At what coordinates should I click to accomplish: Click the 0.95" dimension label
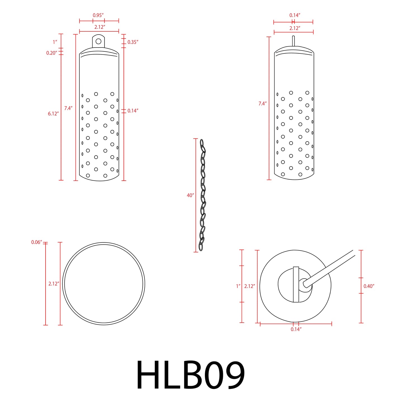[x=98, y=15]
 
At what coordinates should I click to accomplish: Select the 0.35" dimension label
[x=133, y=42]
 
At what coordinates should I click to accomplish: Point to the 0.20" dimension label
[x=52, y=53]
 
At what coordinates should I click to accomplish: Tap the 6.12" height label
[x=53, y=114]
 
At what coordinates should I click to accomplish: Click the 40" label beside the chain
[x=190, y=195]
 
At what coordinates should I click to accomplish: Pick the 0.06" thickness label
[x=37, y=242]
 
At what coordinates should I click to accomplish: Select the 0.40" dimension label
[x=369, y=286]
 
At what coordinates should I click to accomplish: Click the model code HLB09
[x=190, y=375]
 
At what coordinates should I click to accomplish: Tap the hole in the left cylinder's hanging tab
[x=98, y=41]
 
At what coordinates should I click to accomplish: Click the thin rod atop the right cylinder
[x=293, y=41]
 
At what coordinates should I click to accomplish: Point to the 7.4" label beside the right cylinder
[x=262, y=104]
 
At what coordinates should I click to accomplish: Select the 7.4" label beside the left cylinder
[x=68, y=108]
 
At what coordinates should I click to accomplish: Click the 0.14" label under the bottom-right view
[x=296, y=329]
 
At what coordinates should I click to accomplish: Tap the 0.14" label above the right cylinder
[x=295, y=15]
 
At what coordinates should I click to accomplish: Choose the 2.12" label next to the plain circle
[x=54, y=284]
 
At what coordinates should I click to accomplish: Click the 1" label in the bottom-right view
[x=238, y=286]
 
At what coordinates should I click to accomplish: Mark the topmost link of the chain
[x=202, y=143]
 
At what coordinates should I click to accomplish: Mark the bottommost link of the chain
[x=201, y=246]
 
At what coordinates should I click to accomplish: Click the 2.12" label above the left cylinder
[x=100, y=27]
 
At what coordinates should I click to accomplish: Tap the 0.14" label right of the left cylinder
[x=133, y=111]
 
